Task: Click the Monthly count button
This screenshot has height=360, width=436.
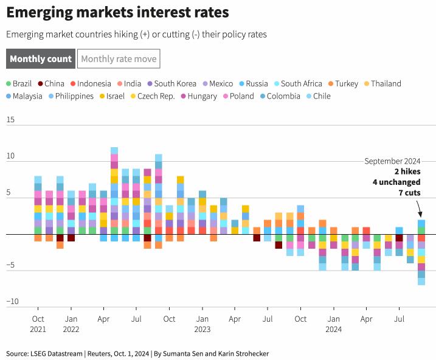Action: pos(41,59)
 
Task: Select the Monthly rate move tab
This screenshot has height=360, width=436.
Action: pos(119,59)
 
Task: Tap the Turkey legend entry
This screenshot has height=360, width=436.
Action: pos(342,83)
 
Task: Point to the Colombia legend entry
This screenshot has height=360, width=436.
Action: pos(280,96)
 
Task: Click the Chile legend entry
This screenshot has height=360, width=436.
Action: pos(317,96)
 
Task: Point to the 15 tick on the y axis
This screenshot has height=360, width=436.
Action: pos(10,120)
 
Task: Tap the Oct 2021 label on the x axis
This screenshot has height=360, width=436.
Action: pos(38,324)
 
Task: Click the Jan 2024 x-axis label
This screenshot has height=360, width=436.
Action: pos(333,324)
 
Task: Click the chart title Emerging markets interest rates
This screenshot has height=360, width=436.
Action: pos(118,12)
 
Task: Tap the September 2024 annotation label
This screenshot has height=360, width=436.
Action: pos(392,161)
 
